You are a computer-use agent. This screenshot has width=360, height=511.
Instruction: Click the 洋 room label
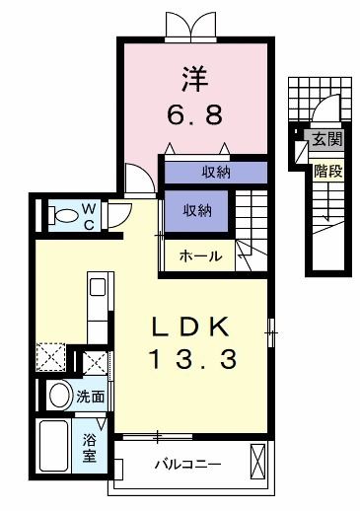click(194, 75)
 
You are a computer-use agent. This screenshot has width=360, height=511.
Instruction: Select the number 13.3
click(192, 360)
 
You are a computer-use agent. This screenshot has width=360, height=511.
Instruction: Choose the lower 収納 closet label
click(196, 209)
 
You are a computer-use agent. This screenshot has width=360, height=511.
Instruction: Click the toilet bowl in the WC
click(65, 214)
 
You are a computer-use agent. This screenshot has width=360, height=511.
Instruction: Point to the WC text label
click(88, 215)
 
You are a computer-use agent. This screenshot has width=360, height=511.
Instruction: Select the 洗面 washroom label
click(91, 397)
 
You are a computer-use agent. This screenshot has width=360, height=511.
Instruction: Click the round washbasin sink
click(58, 396)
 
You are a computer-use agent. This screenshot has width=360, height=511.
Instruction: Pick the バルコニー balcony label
click(187, 464)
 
